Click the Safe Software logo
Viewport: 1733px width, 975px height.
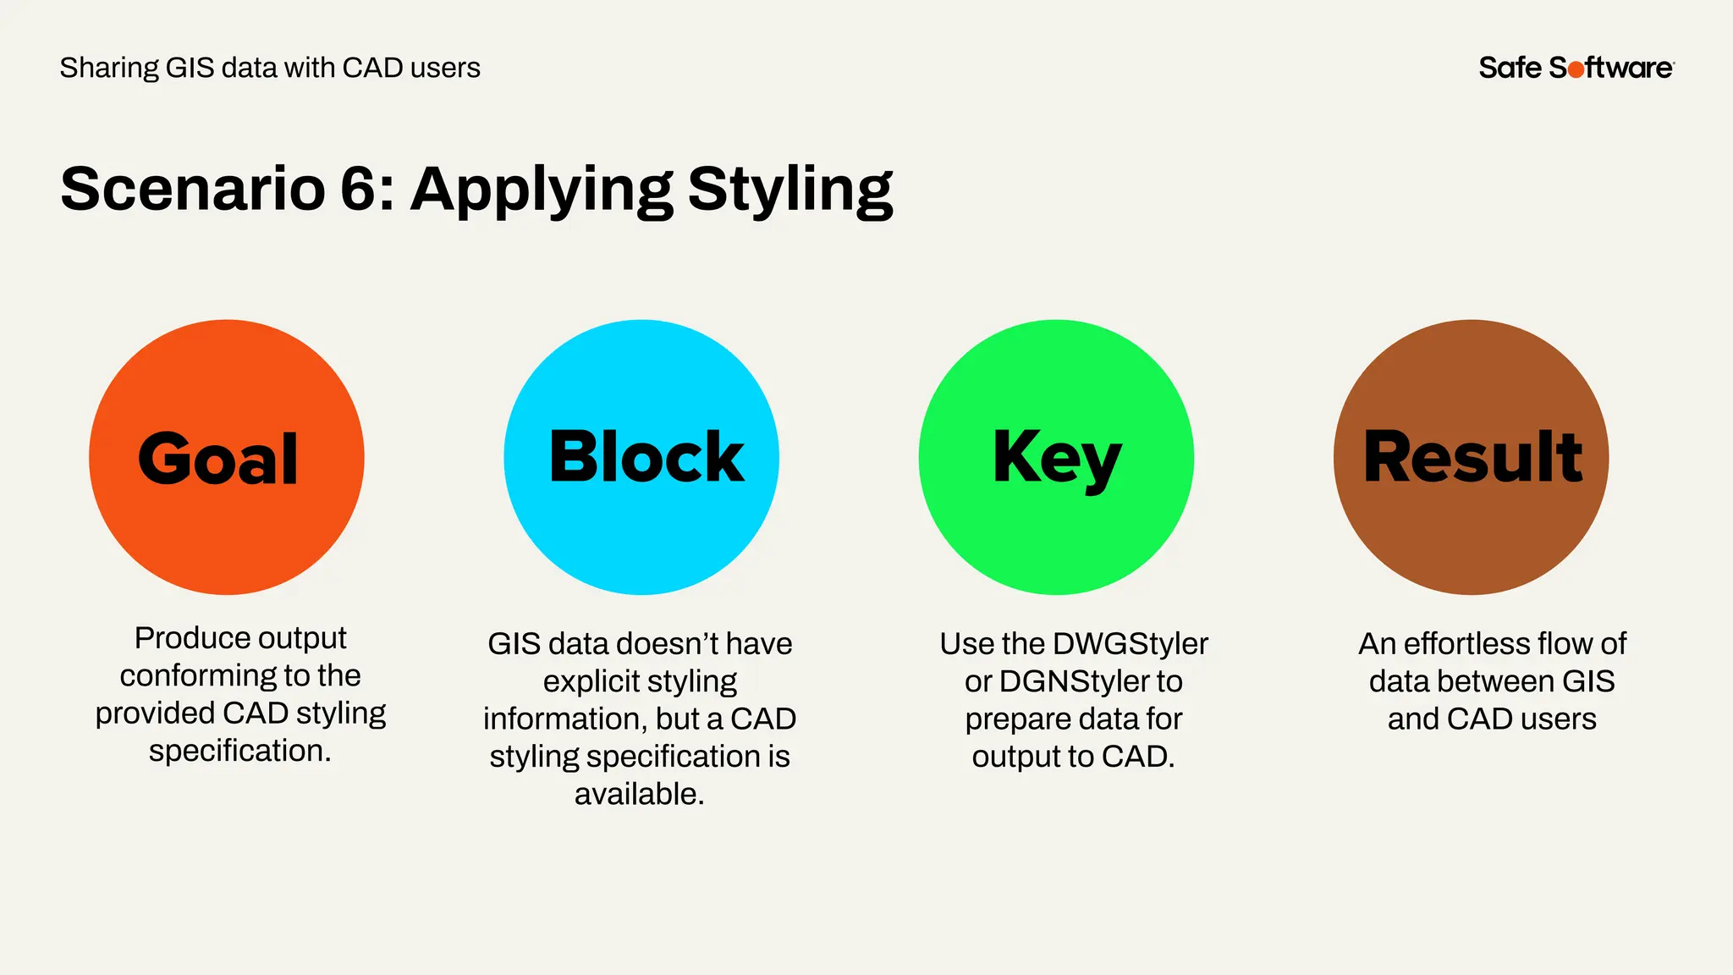(1576, 68)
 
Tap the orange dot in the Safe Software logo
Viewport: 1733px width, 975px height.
(1576, 69)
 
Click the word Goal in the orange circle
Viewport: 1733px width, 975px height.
(218, 459)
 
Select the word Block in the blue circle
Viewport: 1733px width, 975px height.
(646, 457)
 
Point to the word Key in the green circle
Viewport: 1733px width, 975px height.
(1057, 457)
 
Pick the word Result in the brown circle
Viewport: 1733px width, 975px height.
(1472, 457)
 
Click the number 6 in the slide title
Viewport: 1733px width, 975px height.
(358, 188)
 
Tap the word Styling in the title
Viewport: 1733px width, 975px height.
(789, 190)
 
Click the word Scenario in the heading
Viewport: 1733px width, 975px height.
(193, 188)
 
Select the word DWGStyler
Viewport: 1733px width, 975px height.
(1131, 644)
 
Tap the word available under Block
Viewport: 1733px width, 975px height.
(639, 794)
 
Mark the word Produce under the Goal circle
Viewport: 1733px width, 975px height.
(180, 637)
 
